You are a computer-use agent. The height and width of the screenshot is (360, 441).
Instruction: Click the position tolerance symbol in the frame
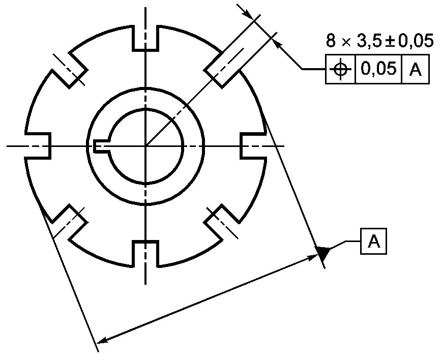(340, 69)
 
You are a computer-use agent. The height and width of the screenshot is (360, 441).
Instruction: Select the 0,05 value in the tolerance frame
(378, 68)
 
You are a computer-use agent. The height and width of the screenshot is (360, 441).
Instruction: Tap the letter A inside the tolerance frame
(416, 69)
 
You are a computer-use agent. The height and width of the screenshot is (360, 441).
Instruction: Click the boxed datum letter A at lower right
(373, 242)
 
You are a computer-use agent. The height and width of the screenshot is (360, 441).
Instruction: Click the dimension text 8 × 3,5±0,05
(379, 40)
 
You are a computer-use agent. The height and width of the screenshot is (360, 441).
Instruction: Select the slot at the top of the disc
(145, 38)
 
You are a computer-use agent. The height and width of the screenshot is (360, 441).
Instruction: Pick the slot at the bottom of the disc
(145, 253)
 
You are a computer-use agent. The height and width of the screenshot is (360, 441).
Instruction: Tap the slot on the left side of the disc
(38, 146)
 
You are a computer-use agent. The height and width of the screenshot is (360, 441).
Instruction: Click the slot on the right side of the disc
(253, 146)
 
